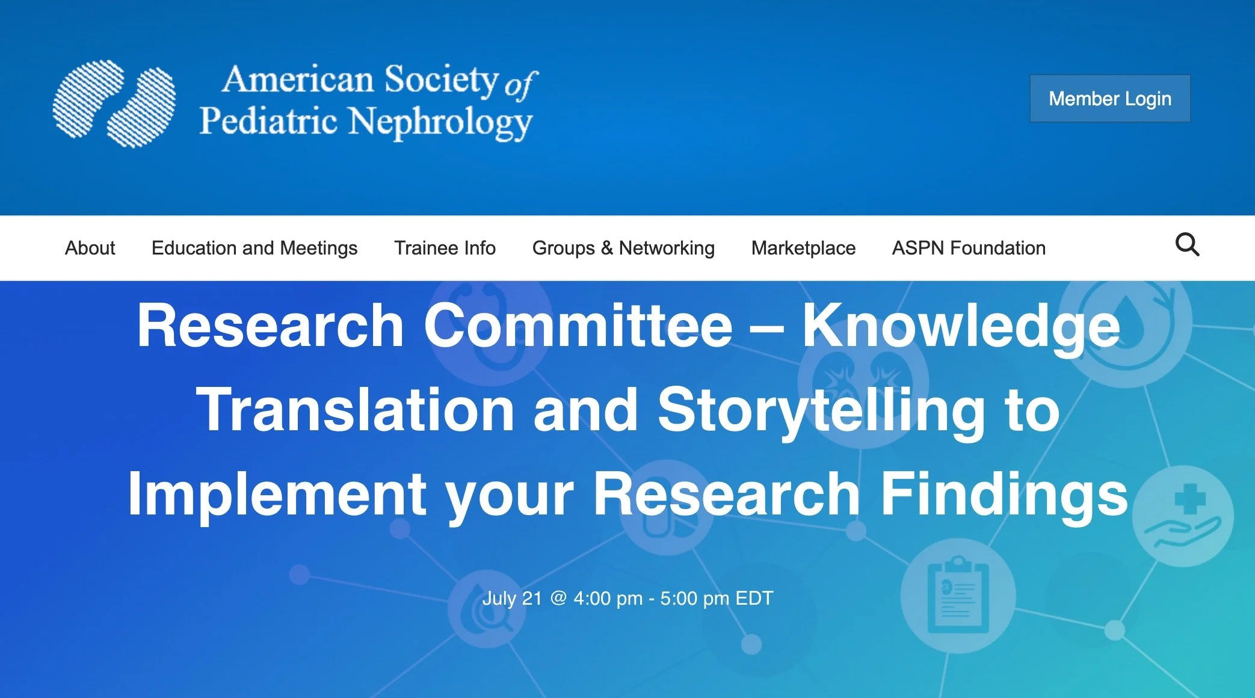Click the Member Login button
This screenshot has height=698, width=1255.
pyautogui.click(x=1109, y=99)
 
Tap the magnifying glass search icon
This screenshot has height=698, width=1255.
pyautogui.click(x=1187, y=245)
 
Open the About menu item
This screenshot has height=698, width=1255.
pyautogui.click(x=90, y=248)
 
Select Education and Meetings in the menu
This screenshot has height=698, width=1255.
pyautogui.click(x=254, y=248)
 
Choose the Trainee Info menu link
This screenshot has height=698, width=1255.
pyautogui.click(x=445, y=248)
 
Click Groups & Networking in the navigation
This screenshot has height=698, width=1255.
pyautogui.click(x=623, y=248)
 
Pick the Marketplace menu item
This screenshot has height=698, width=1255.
pyautogui.click(x=803, y=248)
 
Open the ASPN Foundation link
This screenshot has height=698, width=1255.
pyautogui.click(x=969, y=248)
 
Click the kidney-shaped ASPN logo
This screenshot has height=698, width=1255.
pyautogui.click(x=114, y=103)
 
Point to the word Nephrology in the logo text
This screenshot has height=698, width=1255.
pyautogui.click(x=440, y=122)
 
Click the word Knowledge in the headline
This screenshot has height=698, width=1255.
pyautogui.click(x=961, y=326)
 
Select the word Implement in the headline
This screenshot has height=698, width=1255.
pyautogui.click(x=277, y=495)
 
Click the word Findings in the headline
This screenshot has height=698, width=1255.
pyautogui.click(x=1004, y=495)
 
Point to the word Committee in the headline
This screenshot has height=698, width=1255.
pyautogui.click(x=578, y=326)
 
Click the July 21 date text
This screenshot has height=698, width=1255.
pyautogui.click(x=512, y=599)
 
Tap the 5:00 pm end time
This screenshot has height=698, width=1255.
pyautogui.click(x=694, y=599)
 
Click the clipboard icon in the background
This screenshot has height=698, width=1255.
pyautogui.click(x=958, y=596)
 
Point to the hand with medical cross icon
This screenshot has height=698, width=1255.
pyautogui.click(x=1183, y=516)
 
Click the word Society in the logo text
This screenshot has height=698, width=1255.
pyautogui.click(x=441, y=79)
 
